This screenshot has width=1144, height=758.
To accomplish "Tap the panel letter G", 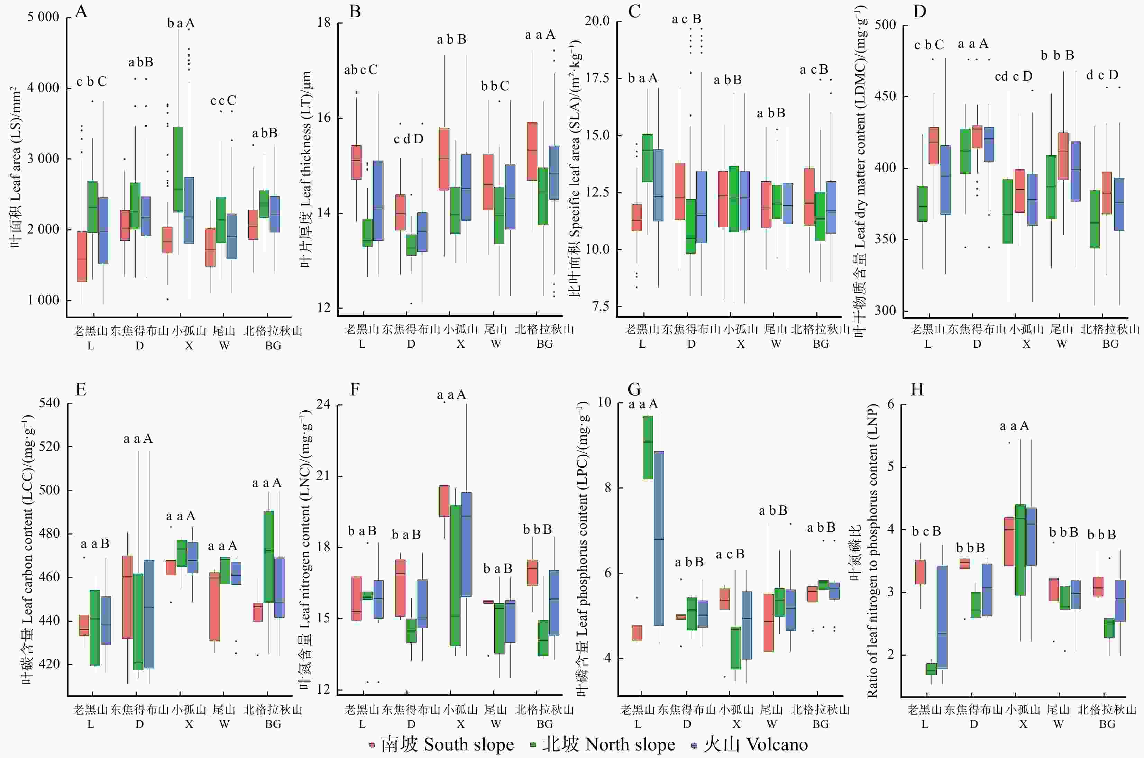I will click(x=634, y=390).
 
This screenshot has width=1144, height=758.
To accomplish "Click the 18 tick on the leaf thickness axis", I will click(x=324, y=23).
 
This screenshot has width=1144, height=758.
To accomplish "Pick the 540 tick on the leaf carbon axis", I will click(x=49, y=403).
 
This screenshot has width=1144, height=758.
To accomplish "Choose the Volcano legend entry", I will click(x=750, y=745).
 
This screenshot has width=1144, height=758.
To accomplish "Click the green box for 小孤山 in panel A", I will click(x=178, y=169).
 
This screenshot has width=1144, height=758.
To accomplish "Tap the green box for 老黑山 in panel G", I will click(x=648, y=447).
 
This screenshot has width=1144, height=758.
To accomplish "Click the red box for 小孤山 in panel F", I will click(x=444, y=501).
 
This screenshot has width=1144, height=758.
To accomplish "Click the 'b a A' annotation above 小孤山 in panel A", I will click(x=181, y=23).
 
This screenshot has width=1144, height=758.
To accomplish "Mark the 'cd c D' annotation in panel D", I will click(x=1014, y=76).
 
